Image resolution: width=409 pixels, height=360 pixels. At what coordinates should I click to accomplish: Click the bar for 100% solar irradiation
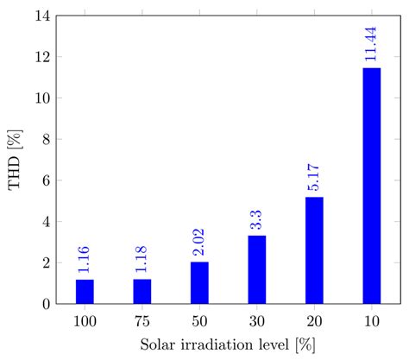85,292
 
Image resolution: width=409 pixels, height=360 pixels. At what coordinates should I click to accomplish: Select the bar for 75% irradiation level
142,292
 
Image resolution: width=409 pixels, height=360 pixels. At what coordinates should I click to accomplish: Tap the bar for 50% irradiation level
199,283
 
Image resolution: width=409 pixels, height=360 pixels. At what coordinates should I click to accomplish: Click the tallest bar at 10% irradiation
372,186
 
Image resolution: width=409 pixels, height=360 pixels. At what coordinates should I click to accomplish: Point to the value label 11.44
372,42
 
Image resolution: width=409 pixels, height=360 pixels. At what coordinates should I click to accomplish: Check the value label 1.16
85,258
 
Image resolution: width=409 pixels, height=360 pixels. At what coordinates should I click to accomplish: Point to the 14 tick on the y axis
40,16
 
